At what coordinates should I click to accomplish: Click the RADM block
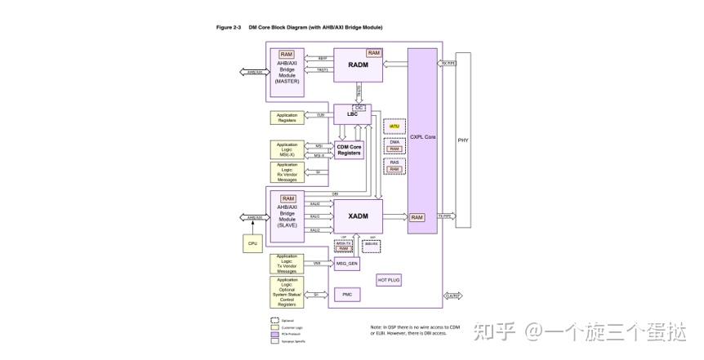[x=358, y=65]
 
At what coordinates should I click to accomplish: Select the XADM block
[x=358, y=216]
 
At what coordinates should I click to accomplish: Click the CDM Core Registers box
[x=349, y=149]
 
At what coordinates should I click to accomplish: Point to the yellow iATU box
[x=394, y=127]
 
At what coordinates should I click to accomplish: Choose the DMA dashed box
[x=394, y=145]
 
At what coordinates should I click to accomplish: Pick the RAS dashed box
[x=394, y=166]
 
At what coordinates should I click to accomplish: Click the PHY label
[x=463, y=140]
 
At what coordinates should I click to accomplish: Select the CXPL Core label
[x=422, y=137]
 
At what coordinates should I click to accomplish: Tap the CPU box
[x=253, y=243]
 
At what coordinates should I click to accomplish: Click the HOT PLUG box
[x=389, y=279]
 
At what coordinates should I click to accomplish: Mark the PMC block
[x=346, y=294]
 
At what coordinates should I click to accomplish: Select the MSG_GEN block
[x=347, y=264]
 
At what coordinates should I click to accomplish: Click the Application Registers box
[x=287, y=118]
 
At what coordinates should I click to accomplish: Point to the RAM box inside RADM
[x=373, y=53]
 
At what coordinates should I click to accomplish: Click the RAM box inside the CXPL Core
[x=417, y=217]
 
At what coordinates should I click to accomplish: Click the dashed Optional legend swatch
[x=274, y=320]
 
